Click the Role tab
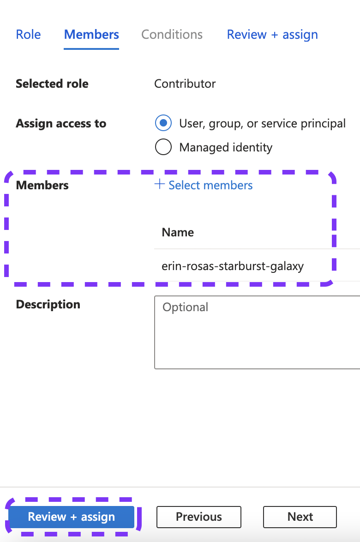28,35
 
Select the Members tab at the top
91,35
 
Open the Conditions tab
172,35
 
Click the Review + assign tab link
272,35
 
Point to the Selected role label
52,84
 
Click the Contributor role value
185,84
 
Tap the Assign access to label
61,123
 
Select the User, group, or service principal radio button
163,123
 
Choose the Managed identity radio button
163,147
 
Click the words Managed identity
226,147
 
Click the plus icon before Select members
159,185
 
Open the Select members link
210,185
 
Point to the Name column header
178,232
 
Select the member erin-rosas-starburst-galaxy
233,266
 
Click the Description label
48,304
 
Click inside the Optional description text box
257,332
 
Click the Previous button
198,517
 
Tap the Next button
300,517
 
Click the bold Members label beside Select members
42,185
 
